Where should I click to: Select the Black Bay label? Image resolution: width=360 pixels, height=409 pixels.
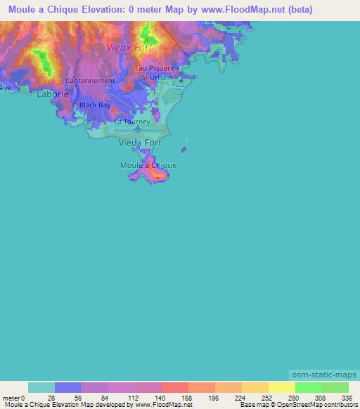[95, 105]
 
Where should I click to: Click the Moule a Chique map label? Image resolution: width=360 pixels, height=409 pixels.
[148, 165]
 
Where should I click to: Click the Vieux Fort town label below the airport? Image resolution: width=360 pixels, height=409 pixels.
[140, 143]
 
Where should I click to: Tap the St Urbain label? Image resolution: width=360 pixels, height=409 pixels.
[156, 76]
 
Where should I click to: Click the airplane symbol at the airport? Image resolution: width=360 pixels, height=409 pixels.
[138, 127]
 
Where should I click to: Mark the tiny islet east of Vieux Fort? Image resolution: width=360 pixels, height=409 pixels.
[185, 149]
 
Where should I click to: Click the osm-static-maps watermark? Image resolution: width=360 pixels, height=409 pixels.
[323, 376]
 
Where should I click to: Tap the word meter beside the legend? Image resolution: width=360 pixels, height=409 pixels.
[11, 397]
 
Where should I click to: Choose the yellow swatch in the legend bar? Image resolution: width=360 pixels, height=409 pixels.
[281, 387]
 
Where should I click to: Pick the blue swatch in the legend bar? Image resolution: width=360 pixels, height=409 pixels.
[68, 387]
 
